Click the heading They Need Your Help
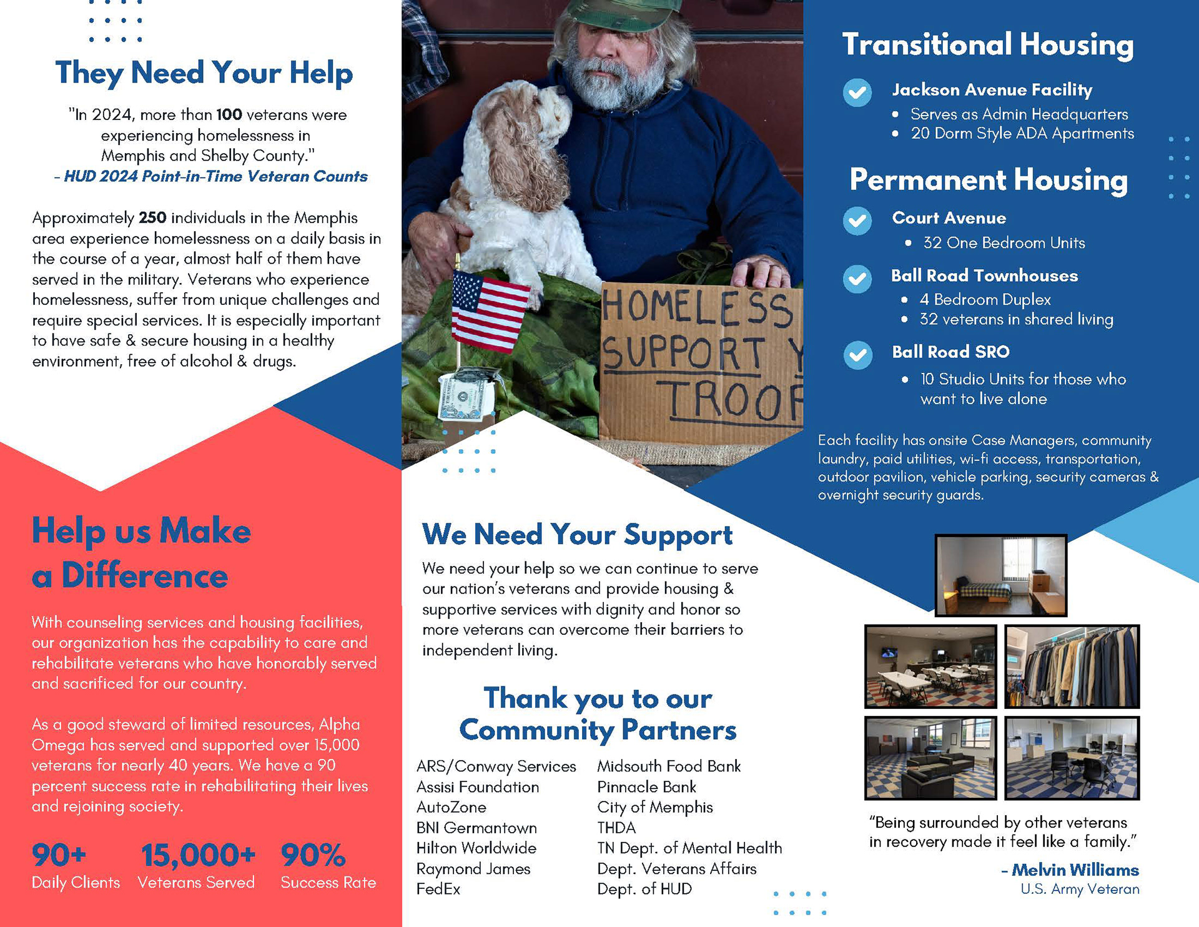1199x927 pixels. (x=204, y=73)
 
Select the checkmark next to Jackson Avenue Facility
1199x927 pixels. (x=857, y=93)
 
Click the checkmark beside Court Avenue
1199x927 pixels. (x=857, y=221)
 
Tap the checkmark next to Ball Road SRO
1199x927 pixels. (x=858, y=355)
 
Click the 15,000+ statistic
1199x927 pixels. (x=198, y=855)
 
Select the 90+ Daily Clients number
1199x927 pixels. (x=59, y=855)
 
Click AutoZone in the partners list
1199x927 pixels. (x=451, y=807)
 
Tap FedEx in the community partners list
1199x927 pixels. (x=438, y=889)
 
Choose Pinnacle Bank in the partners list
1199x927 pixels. (x=646, y=786)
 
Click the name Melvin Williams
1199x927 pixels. (x=1075, y=870)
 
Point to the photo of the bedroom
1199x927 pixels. (x=1001, y=575)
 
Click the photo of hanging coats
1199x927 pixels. (x=1072, y=667)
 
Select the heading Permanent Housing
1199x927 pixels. (x=989, y=180)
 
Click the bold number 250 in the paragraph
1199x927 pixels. (x=152, y=217)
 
